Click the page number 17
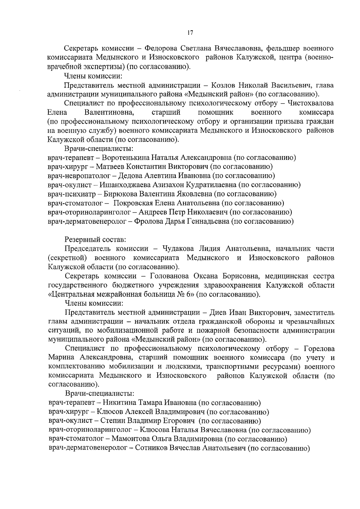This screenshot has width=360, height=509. [189, 33]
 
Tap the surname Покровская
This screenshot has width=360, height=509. [133, 203]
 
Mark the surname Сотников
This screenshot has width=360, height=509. [151, 448]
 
